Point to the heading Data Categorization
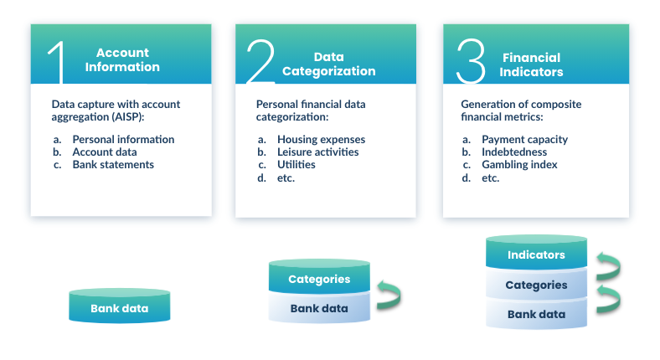click(x=328, y=64)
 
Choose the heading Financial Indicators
click(x=531, y=64)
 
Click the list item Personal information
click(x=123, y=140)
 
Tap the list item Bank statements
click(x=113, y=165)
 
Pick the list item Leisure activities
click(x=317, y=152)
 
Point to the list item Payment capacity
click(x=524, y=140)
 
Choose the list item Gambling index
click(x=519, y=165)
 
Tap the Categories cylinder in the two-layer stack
click(x=319, y=279)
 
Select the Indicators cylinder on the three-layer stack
click(x=536, y=255)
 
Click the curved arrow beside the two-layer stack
click(x=389, y=294)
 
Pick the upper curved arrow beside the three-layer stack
click(x=607, y=267)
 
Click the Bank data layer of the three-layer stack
click(x=536, y=315)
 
